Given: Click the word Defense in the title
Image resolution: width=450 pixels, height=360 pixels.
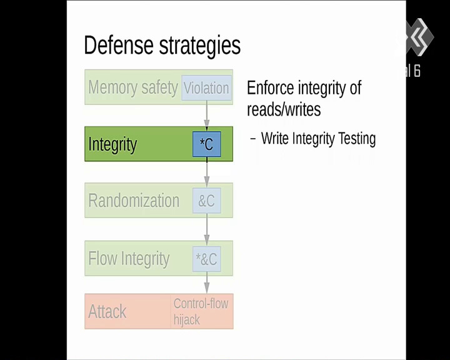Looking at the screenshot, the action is tap(119, 44).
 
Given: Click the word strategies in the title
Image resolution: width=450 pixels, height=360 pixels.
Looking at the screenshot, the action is tap(200, 46).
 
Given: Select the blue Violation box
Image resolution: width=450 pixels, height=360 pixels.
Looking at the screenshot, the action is tap(207, 88).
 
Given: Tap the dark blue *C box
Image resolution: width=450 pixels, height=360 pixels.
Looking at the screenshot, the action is tap(207, 144).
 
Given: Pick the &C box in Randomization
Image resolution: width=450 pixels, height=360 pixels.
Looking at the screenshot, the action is tap(207, 201).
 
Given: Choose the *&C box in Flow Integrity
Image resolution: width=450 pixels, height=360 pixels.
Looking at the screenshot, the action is tap(207, 259).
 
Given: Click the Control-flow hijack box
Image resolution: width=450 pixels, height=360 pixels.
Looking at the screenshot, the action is tap(202, 311).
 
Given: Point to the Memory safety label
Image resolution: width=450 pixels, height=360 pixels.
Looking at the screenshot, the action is tap(133, 87).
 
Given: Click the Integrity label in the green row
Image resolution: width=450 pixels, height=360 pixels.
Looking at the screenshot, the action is tap(112, 145).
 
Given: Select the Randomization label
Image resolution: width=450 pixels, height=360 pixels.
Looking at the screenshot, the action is tap(134, 201).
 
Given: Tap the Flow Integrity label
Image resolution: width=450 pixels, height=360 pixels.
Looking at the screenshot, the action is tap(129, 259).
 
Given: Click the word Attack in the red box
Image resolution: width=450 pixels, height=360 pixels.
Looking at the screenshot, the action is tap(107, 311).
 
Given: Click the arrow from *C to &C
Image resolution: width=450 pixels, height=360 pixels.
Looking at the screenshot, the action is tap(207, 172).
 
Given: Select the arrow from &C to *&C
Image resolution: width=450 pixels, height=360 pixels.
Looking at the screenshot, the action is tap(207, 229).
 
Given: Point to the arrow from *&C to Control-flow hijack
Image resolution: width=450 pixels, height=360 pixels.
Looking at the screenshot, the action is tap(207, 282).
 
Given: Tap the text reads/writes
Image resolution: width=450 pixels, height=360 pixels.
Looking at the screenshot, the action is tap(284, 109).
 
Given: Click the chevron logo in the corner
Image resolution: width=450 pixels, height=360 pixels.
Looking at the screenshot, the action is tap(419, 37).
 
